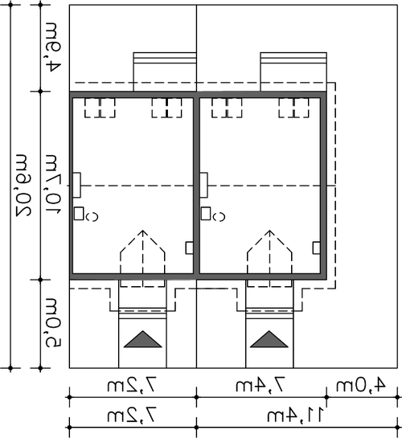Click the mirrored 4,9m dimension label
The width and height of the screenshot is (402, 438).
(52, 47)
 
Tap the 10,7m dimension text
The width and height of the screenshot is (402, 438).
(52, 184)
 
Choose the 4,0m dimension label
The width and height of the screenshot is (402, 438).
(361, 385)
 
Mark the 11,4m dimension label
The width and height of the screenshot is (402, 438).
(296, 415)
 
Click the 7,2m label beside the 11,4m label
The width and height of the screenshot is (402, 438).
(132, 415)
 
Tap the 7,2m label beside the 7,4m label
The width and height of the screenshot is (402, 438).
(132, 385)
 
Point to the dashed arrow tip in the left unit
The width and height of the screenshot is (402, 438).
(143, 231)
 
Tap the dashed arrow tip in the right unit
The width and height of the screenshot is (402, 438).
(269, 231)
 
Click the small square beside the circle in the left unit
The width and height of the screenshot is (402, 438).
(79, 214)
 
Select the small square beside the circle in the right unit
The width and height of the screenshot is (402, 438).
(206, 214)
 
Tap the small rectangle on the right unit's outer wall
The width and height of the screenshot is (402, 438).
(317, 248)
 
